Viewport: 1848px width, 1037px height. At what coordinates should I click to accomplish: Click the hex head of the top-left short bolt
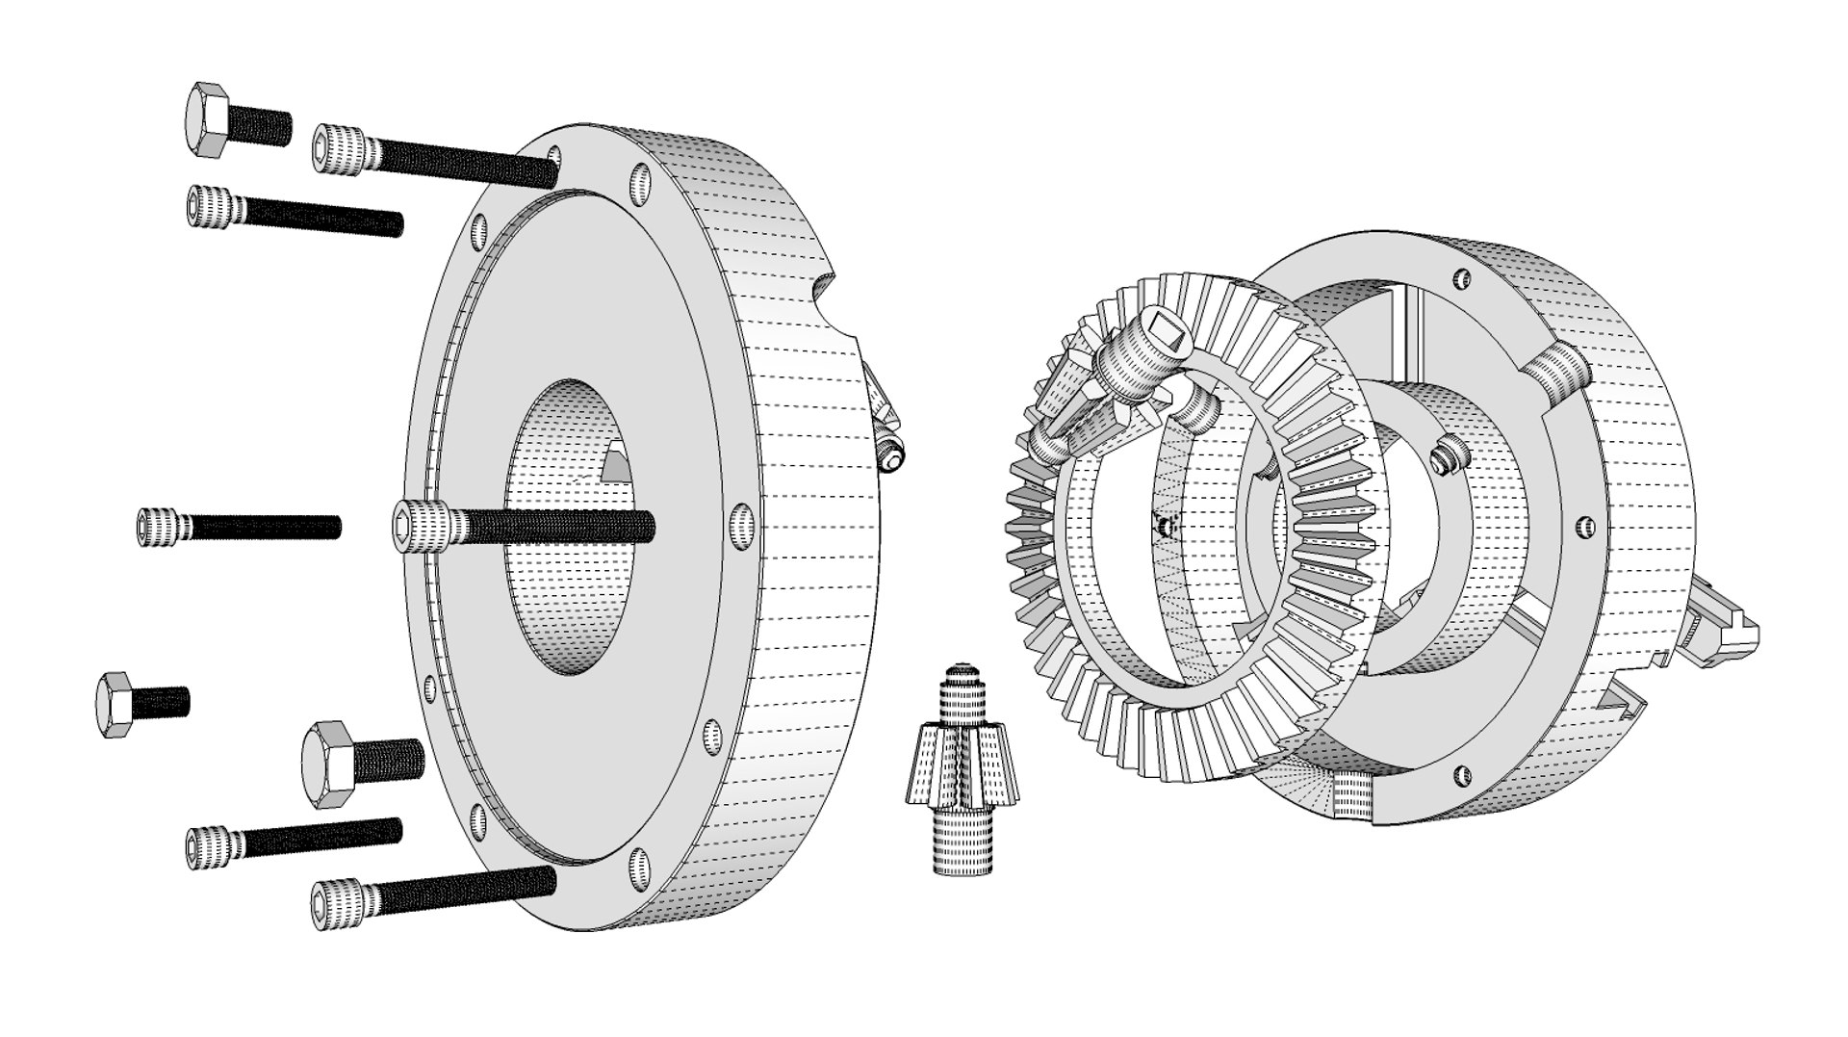point(206,118)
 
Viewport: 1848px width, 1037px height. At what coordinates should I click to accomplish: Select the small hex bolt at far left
point(116,706)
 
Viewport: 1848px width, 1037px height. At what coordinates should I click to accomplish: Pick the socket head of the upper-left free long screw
point(210,207)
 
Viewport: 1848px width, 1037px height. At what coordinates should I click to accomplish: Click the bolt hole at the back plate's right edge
point(741,526)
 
